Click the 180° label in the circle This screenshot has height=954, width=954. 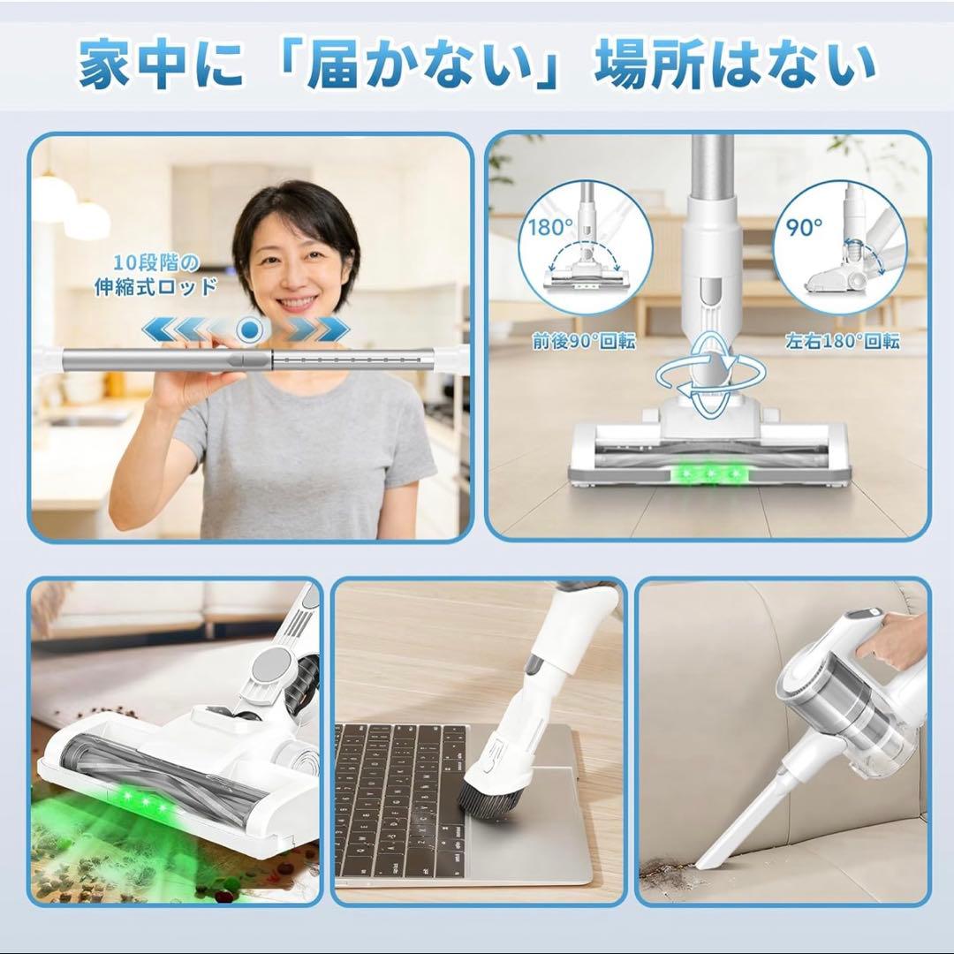[550, 227]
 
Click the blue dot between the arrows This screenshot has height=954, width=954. [250, 330]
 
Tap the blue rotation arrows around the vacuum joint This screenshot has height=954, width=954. [712, 375]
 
